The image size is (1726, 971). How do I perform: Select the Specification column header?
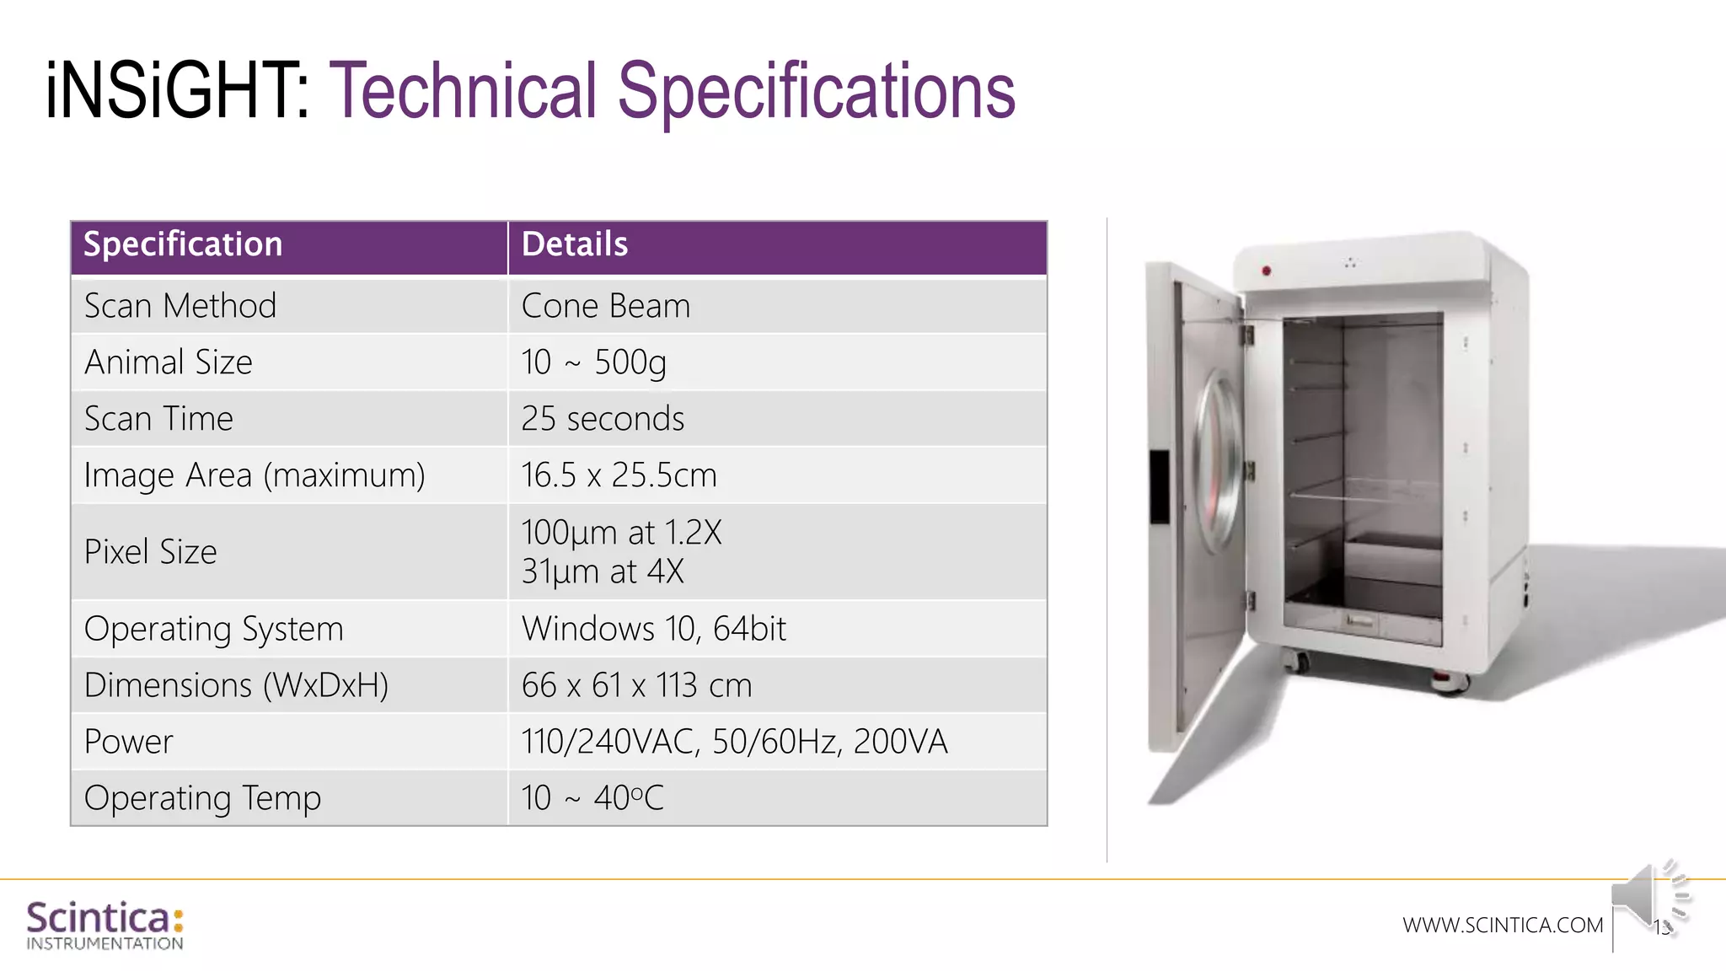[x=183, y=244]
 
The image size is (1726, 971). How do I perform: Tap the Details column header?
[x=575, y=244]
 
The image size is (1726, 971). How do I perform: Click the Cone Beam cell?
[x=606, y=306]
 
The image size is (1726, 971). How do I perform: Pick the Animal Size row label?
[x=169, y=362]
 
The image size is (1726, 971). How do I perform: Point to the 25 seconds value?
[x=603, y=419]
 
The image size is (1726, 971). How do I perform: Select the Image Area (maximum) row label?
[x=255, y=475]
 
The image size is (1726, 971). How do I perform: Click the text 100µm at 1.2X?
[x=621, y=533]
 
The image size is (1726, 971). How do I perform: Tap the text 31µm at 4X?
[x=603, y=571]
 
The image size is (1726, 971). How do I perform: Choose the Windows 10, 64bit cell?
[x=653, y=629]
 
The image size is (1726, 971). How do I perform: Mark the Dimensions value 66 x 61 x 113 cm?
[x=636, y=685]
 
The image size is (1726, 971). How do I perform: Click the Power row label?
[x=129, y=742]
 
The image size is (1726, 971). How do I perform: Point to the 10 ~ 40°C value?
[x=592, y=798]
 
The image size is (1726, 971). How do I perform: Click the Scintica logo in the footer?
[x=105, y=925]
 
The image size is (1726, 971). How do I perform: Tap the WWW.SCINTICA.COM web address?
[x=1503, y=925]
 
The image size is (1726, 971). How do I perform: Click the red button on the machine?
[x=1266, y=271]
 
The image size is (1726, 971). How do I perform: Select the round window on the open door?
[x=1219, y=462]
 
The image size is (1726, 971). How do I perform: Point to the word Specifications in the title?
[x=816, y=91]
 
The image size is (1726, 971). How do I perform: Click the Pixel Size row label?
[x=151, y=552]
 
